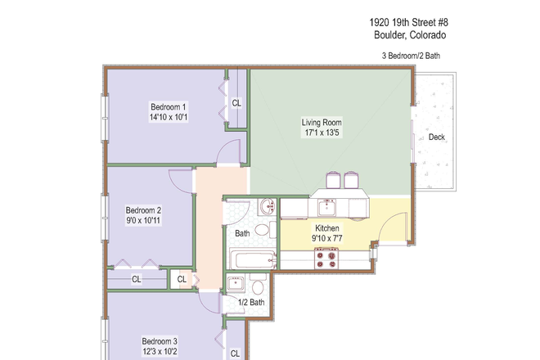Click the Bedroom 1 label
169,106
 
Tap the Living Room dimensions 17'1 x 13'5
321,133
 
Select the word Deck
437,137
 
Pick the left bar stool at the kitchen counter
333,180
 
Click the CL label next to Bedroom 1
236,103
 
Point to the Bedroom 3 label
160,341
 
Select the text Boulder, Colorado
406,36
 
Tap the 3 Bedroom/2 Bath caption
412,56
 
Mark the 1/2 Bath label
251,303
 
